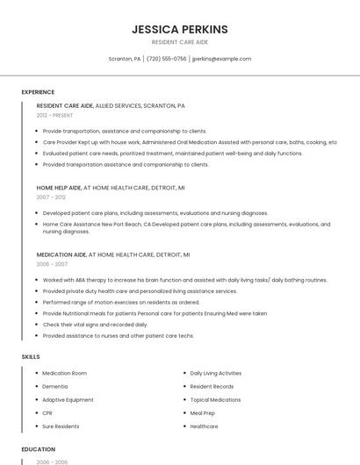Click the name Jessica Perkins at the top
[x=179, y=29]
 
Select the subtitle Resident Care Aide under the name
[x=179, y=42]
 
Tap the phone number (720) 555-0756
[x=167, y=59]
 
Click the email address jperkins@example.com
[x=221, y=59]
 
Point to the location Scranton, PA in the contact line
[x=124, y=59]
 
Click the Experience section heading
[x=38, y=92]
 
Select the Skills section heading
[x=31, y=357]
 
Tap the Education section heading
[x=39, y=449]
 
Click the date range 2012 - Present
[x=54, y=115]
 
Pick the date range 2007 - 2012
[x=51, y=197]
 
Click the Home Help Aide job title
[x=59, y=188]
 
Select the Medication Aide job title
[x=59, y=254]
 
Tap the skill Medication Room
[x=65, y=373]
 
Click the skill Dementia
[x=54, y=386]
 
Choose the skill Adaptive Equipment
[x=68, y=399]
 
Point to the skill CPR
[x=47, y=412]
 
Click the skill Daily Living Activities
[x=215, y=373]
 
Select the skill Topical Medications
[x=216, y=399]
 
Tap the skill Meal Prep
[x=202, y=412]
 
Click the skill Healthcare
[x=204, y=426]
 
